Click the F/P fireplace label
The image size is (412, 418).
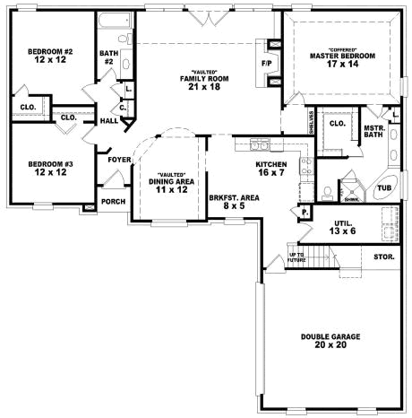[x=267, y=65]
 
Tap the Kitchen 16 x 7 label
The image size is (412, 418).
[x=271, y=169]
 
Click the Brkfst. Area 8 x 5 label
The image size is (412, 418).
[x=228, y=201]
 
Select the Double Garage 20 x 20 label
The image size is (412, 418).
[x=330, y=341]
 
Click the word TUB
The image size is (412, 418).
[x=383, y=188]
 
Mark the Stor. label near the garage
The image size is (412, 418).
[x=383, y=257]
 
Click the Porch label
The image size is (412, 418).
[x=114, y=201]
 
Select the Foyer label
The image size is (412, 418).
[x=119, y=160]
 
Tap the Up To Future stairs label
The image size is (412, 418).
[x=296, y=258]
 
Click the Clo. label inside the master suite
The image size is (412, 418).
[x=338, y=124]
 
